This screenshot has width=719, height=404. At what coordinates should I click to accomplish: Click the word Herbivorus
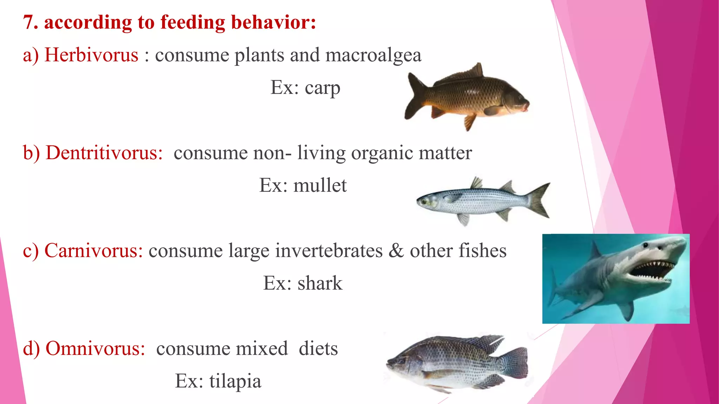(x=91, y=55)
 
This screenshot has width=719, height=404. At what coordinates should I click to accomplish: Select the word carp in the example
(x=322, y=88)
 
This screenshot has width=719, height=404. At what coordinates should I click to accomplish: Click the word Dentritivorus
(x=104, y=153)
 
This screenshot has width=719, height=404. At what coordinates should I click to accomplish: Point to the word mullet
(x=320, y=186)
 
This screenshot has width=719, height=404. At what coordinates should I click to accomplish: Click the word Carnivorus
(x=93, y=251)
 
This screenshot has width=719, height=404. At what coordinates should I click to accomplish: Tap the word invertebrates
(x=329, y=251)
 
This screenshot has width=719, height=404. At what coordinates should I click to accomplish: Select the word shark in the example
(x=320, y=283)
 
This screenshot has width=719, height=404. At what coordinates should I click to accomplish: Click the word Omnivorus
(x=95, y=349)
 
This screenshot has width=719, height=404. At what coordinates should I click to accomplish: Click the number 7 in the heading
(x=29, y=22)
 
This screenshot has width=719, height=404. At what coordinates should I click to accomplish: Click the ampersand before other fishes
(x=396, y=251)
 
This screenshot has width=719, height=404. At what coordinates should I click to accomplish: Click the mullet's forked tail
(x=539, y=200)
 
